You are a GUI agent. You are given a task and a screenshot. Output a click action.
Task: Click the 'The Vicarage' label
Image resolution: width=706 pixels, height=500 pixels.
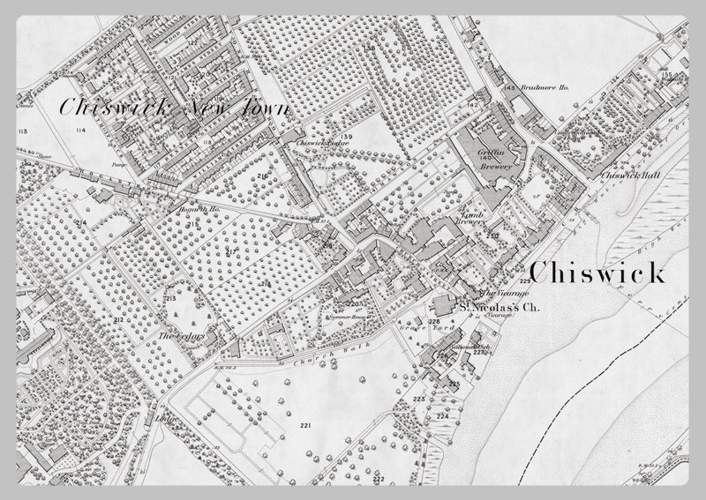coord(504,294)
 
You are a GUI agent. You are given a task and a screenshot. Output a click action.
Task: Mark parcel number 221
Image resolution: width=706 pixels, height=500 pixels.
coord(306,426)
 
